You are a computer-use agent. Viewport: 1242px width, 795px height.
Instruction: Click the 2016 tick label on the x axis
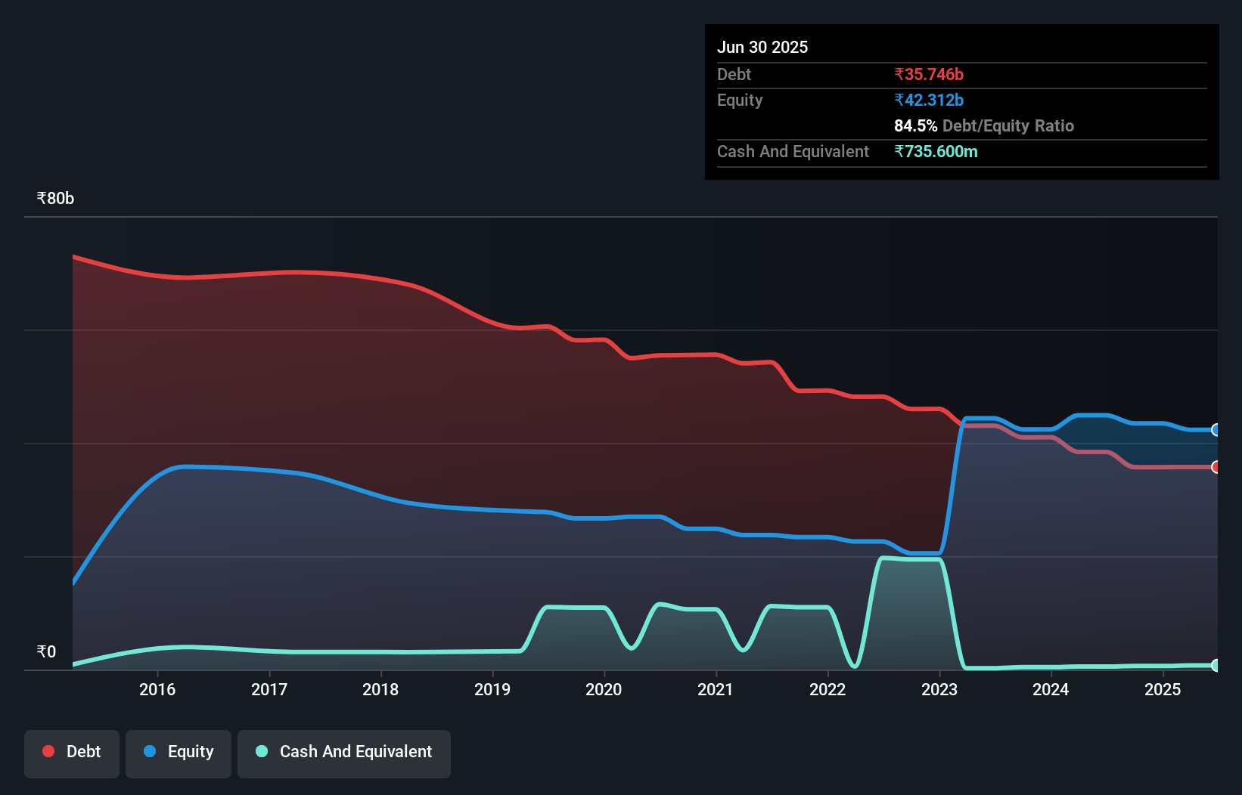[x=157, y=689]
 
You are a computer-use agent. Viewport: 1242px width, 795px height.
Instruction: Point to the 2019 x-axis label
[x=492, y=689]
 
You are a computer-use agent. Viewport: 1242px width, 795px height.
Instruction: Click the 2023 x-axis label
[x=939, y=689]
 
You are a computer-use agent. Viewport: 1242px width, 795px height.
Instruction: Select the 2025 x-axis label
[x=1163, y=689]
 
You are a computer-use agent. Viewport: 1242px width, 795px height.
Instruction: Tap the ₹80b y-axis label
[x=55, y=199]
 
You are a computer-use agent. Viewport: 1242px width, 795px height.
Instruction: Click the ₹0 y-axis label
[x=46, y=652]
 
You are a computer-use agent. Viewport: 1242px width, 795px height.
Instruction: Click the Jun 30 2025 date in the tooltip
[x=762, y=48]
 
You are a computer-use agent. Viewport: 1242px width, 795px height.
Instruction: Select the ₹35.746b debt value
[x=929, y=75]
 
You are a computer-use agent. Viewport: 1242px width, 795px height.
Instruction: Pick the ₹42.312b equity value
[x=929, y=101]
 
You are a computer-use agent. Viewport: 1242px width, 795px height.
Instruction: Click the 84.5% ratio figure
[x=915, y=126]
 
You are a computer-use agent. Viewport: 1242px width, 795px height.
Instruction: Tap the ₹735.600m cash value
[x=936, y=152]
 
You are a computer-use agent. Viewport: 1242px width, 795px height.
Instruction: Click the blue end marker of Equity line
[x=1216, y=430]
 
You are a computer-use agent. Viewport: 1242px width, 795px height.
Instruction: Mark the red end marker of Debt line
[x=1216, y=467]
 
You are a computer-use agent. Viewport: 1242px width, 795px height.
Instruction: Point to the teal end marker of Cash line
[x=1216, y=666]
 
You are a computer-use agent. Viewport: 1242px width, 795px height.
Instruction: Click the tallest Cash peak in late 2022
[x=883, y=558]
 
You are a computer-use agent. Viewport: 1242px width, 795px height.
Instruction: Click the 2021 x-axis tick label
[x=716, y=689]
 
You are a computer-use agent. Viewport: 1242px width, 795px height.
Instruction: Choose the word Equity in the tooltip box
[x=740, y=101]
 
